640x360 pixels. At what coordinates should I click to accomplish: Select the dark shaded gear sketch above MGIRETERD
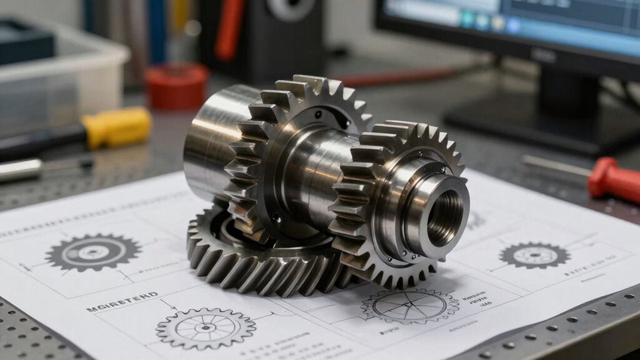click(93, 252)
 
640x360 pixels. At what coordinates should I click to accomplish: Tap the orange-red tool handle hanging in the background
click(230, 28)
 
